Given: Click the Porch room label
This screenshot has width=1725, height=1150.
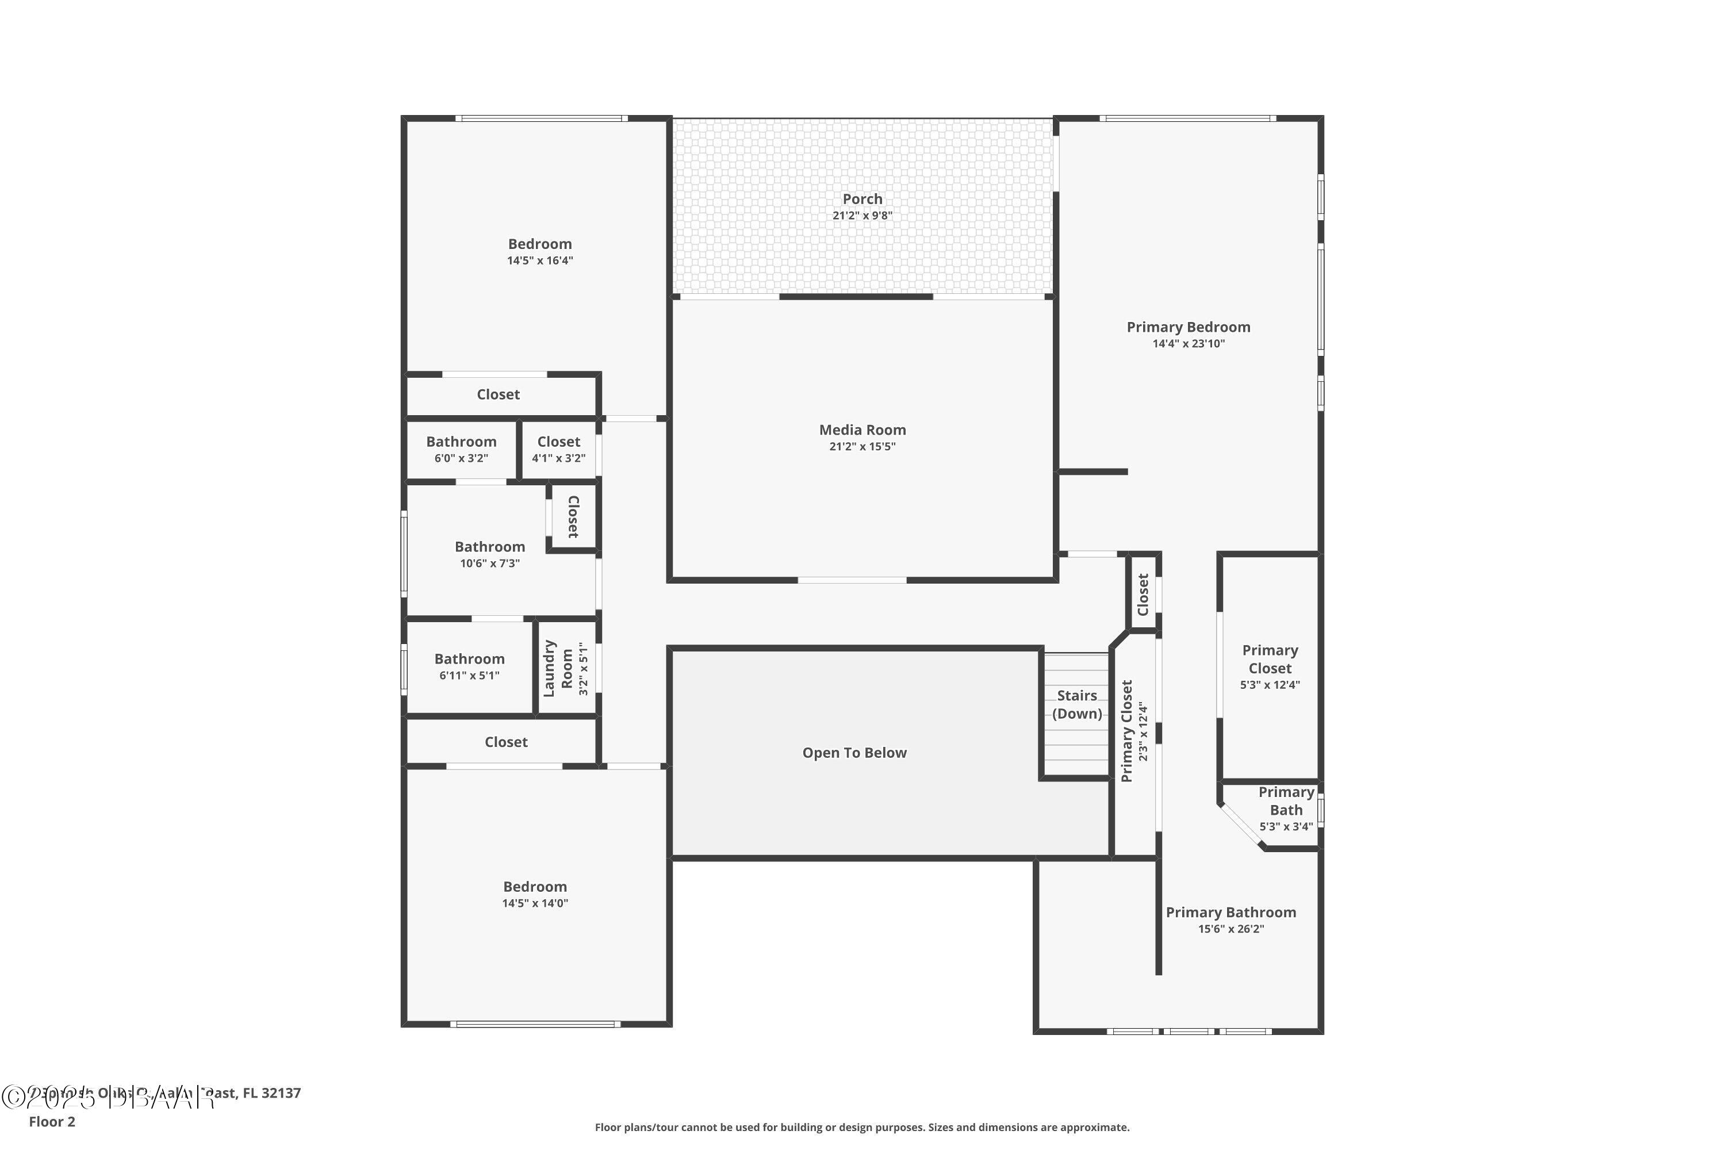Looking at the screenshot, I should [x=862, y=199].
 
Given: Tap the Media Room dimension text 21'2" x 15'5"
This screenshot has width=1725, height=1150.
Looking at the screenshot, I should [x=862, y=447].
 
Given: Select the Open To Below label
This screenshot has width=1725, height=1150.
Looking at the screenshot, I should [x=854, y=753].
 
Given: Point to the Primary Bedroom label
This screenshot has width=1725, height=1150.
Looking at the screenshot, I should [x=1188, y=327].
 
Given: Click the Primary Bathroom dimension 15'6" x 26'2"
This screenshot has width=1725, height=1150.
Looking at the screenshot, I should [x=1230, y=929].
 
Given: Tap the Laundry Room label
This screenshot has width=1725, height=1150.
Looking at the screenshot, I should [x=557, y=668].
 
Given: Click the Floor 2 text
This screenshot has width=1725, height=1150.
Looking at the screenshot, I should [x=52, y=1121].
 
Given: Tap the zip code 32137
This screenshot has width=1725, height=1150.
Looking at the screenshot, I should [x=281, y=1093].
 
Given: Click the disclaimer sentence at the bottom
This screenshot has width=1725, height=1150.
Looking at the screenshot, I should [x=862, y=1127].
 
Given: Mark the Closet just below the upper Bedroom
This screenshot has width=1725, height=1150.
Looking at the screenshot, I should [x=498, y=394].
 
